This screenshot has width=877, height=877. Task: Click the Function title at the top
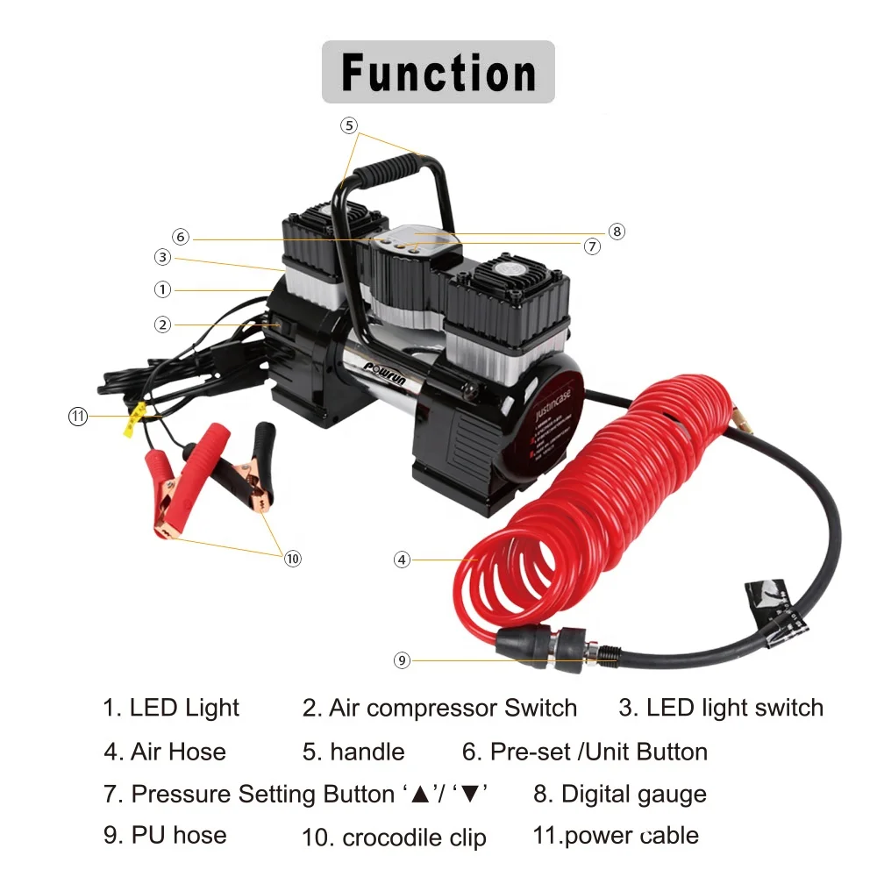[x=438, y=72]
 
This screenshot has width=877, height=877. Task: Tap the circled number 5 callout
[x=349, y=125]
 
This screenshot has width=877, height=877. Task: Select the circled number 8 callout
[x=617, y=232]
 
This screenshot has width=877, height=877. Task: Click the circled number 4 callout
[x=402, y=559]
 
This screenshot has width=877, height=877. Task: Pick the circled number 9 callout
[x=402, y=660]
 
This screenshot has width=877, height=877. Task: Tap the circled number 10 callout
[x=293, y=558]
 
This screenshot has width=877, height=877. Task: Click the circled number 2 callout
[x=162, y=324]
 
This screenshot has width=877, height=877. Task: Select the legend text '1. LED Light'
[x=171, y=708]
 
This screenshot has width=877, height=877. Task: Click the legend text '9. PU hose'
[x=165, y=835]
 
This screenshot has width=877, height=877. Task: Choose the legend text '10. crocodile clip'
[x=394, y=838]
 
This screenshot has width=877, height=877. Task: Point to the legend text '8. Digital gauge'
[x=620, y=795]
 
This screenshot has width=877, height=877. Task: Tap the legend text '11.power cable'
[x=616, y=835]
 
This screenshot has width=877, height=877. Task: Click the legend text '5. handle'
[x=354, y=752]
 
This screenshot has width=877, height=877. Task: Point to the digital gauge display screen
[x=411, y=234]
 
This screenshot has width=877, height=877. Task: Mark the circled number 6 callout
[x=181, y=237]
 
